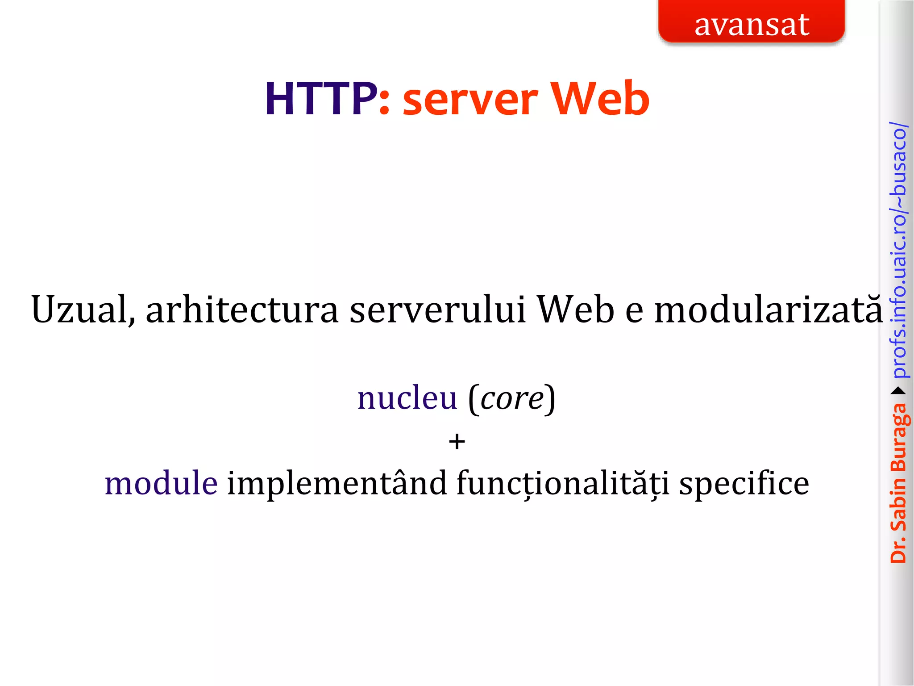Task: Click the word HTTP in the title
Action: point(320,99)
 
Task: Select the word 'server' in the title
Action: point(470,101)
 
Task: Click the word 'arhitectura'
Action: point(242,310)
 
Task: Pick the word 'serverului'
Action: point(438,310)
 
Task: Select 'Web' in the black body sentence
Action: point(575,310)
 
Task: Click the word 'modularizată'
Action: point(769,310)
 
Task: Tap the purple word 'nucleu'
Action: point(407,398)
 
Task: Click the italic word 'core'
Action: point(512,399)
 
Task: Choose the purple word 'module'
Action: point(161,483)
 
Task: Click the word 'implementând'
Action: point(337,483)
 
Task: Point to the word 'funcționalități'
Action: point(563,484)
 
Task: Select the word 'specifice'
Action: point(744,484)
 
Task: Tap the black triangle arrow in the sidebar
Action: point(898,391)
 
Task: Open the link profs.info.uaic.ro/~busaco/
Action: point(898,250)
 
